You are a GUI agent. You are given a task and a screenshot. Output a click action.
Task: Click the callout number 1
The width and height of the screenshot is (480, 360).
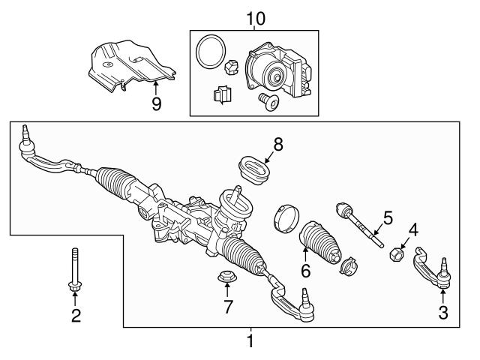click(x=250, y=341)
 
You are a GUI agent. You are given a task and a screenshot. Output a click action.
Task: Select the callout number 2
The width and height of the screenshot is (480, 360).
click(x=76, y=316)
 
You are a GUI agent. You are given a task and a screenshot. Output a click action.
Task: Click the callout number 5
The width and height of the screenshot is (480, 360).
click(x=387, y=218)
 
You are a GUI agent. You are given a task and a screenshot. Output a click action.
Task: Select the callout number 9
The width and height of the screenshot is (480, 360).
click(x=156, y=103)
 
